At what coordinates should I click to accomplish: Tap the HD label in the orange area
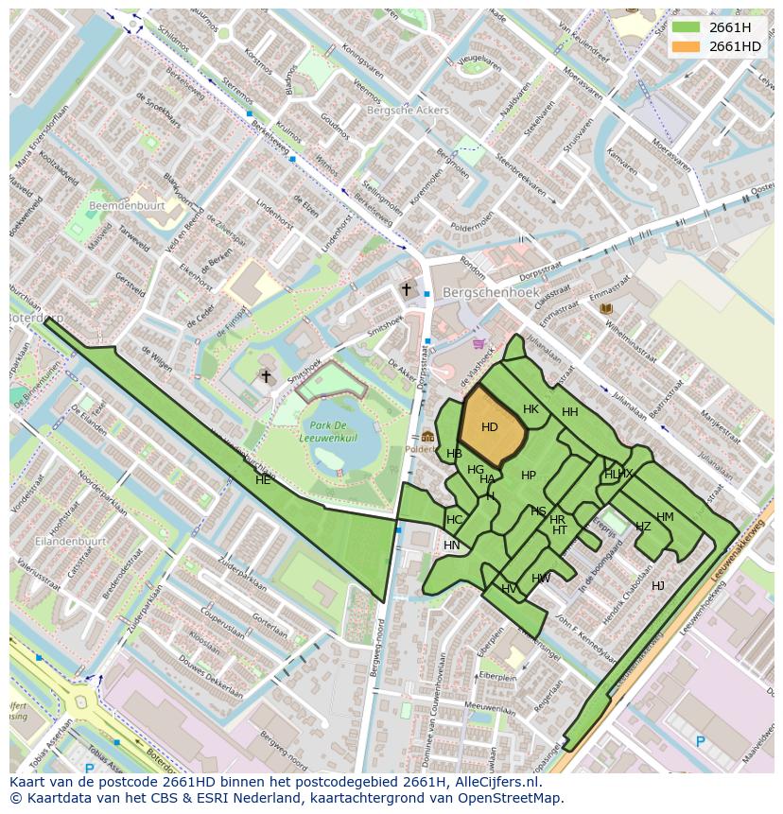tap(489, 427)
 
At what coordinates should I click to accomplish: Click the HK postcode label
tap(531, 409)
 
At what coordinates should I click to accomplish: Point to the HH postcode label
tap(569, 412)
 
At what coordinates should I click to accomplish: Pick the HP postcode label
tap(529, 476)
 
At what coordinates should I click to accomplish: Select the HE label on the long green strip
tap(263, 480)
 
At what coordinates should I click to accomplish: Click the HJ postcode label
tap(658, 586)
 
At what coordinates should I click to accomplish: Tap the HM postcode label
tap(665, 517)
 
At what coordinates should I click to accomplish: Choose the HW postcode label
tap(541, 579)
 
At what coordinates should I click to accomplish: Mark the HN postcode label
tap(452, 546)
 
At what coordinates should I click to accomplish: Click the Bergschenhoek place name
tap(491, 293)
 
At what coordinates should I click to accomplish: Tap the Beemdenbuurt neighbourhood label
tap(127, 205)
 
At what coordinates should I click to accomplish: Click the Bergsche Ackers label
tap(408, 111)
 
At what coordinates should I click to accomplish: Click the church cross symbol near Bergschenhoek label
tap(407, 290)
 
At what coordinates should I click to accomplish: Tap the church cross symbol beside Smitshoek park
tap(266, 377)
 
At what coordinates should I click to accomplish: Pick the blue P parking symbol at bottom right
tap(701, 742)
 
